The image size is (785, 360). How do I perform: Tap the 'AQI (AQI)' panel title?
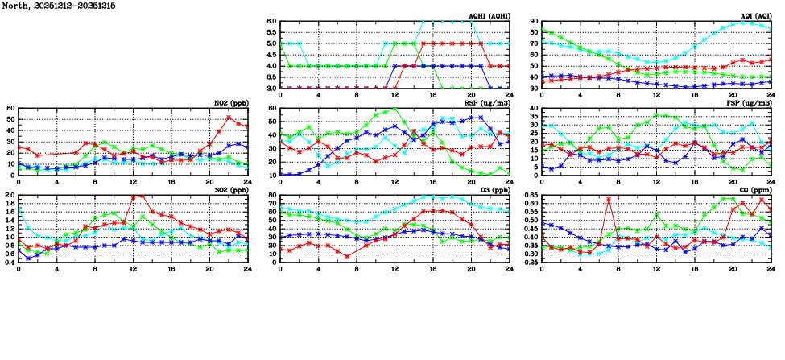[x=756, y=16]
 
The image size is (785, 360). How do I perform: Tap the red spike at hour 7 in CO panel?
[x=609, y=200]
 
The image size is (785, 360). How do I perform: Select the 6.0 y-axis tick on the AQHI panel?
[x=271, y=22]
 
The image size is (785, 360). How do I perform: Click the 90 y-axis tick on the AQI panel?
[x=534, y=22]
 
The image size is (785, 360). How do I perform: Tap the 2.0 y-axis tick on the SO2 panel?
[x=10, y=196]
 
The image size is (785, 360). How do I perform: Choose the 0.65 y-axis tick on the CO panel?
[x=531, y=196]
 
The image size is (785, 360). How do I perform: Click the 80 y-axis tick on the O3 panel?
[x=271, y=196]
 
